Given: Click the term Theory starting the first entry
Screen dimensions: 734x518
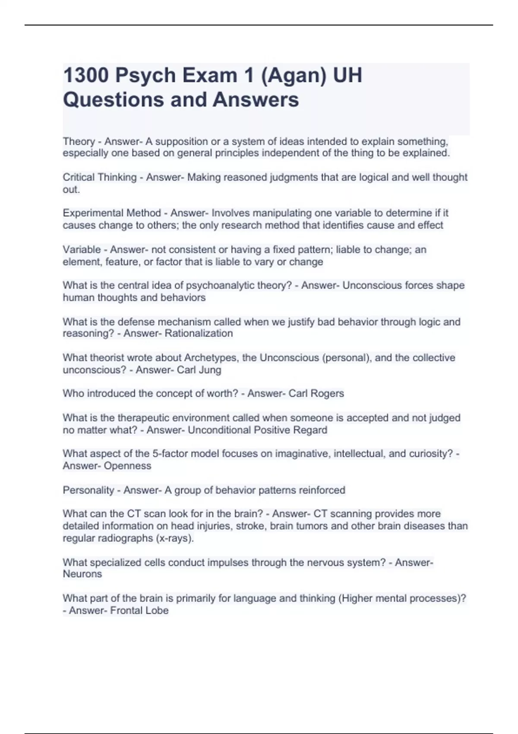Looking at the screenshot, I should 79,142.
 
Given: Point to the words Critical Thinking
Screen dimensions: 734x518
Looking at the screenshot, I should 100,177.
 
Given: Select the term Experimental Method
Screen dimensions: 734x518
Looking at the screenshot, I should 112,213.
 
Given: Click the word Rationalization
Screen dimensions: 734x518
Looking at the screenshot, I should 199,333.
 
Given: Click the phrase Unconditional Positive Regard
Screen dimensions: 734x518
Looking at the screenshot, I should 257,430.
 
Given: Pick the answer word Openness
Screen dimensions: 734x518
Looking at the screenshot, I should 127,466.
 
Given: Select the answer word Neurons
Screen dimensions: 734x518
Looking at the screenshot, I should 82,574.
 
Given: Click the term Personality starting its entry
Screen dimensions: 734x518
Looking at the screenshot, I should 88,490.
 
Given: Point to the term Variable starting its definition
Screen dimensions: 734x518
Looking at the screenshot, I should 82,250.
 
